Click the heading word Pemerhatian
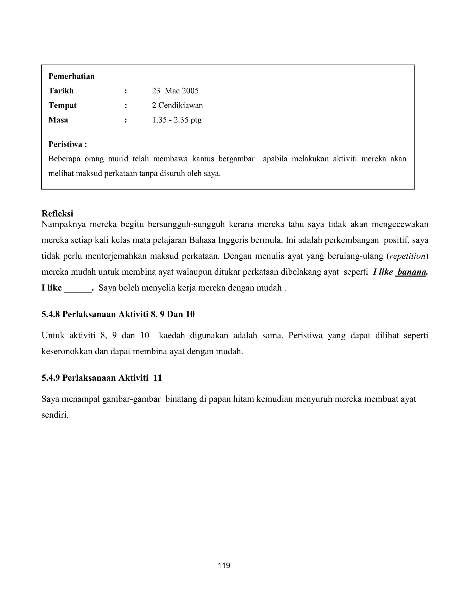72,76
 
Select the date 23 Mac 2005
175,91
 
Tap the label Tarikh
61,91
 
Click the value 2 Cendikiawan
177,105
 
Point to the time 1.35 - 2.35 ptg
176,120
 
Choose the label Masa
58,120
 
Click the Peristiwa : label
68,144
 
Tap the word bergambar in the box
236,159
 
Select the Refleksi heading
57,214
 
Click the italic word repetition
408,256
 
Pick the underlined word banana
411,272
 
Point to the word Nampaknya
64,224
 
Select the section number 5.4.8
51,314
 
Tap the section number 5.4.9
51,378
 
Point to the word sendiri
55,415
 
